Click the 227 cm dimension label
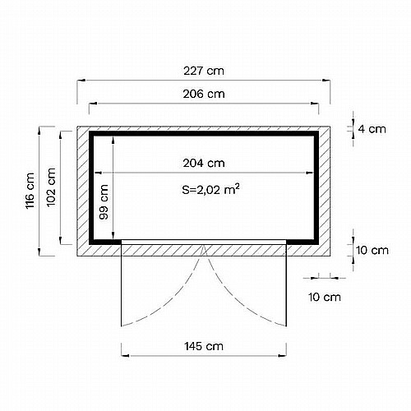pos(204,71)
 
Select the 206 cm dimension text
pos(204,94)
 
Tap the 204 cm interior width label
pos(204,163)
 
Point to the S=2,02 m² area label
pos(210,189)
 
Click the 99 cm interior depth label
pos(104,202)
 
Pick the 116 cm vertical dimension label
pos(30,191)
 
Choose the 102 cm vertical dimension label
pos(51,187)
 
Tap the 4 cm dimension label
pos(372,129)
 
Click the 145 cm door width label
pos(204,346)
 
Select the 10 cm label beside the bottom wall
pos(372,250)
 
